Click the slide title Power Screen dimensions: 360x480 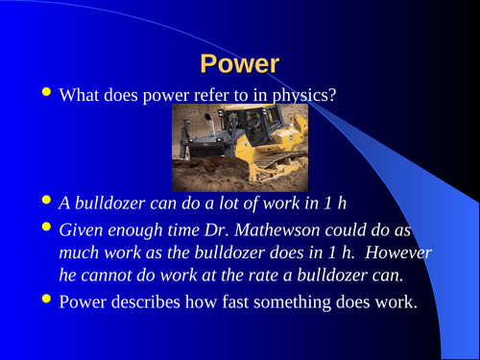point(240,64)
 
